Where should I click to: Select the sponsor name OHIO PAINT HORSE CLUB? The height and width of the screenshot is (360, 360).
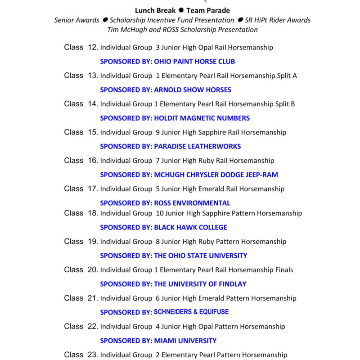click(194, 62)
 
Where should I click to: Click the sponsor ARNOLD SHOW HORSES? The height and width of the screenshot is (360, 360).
click(193, 90)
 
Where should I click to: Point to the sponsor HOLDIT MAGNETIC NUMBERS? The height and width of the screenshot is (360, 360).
click(202, 118)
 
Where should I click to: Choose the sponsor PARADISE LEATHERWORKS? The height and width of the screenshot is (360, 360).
click(197, 146)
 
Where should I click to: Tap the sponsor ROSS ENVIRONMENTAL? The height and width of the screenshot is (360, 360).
click(192, 203)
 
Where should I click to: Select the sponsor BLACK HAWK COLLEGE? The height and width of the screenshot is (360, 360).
click(190, 227)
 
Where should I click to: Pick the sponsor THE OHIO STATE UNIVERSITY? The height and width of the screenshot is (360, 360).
click(201, 256)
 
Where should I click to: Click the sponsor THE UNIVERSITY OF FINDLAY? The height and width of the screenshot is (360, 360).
click(200, 284)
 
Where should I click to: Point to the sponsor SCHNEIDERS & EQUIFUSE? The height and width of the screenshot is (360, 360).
click(191, 312)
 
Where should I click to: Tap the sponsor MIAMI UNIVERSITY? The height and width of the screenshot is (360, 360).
click(185, 341)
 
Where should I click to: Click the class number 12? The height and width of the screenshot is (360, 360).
click(92, 47)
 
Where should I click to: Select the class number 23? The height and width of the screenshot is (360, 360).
click(92, 355)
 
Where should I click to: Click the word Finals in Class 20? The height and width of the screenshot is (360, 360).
click(284, 270)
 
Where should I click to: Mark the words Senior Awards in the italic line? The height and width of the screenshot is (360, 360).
click(76, 20)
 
